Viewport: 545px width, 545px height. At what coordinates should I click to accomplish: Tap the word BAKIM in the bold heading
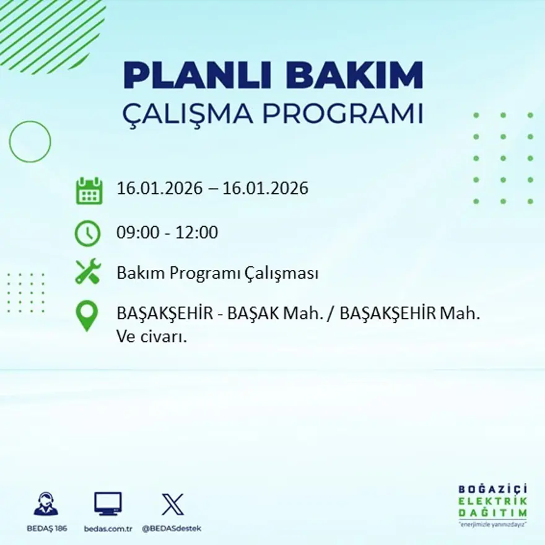coord(354,75)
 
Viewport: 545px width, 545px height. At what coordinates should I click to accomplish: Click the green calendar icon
coord(89,191)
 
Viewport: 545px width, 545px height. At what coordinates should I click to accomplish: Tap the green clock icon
coord(87,233)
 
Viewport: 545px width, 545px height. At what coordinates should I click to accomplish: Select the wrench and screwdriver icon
coord(88,271)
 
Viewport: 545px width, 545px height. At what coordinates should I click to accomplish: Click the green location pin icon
coord(87,316)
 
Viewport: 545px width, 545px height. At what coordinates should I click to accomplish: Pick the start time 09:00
coord(138,232)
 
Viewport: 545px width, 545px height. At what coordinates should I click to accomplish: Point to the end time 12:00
coord(197,232)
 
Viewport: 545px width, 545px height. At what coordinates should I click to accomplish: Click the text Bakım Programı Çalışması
coord(217,273)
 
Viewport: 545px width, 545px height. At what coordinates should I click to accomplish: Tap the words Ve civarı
coord(152,337)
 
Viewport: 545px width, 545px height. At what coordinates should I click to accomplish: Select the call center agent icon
coord(46,504)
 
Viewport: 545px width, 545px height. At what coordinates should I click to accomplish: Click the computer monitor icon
coord(108,504)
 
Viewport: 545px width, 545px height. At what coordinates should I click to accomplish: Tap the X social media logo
coord(173,504)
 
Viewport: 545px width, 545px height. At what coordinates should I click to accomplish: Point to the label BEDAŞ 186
coord(47,529)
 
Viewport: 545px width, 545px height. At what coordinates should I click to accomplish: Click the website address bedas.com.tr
coord(108,529)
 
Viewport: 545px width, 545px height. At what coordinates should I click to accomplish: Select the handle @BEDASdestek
coord(172,529)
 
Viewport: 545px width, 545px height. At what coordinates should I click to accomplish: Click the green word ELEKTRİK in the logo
coord(492,501)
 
